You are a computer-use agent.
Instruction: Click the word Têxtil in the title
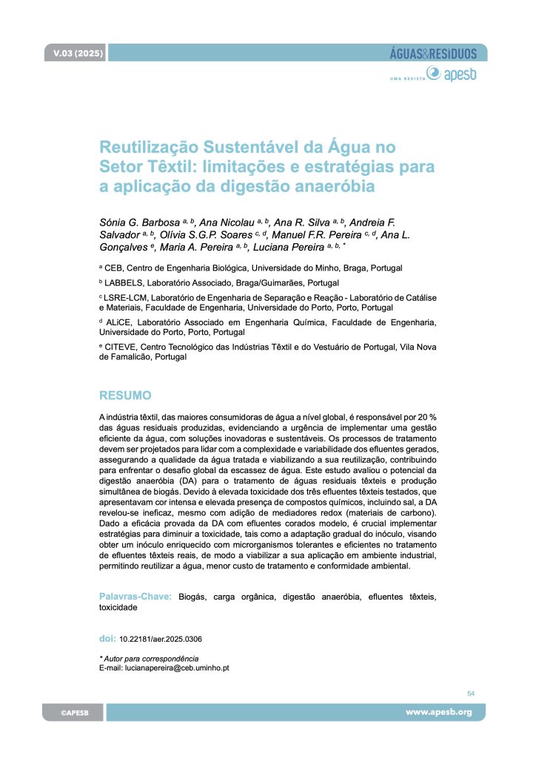pyautogui.click(x=169, y=165)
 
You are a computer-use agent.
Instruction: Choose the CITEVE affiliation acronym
pyautogui.click(x=122, y=346)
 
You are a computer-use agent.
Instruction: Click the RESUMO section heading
pyautogui.click(x=125, y=395)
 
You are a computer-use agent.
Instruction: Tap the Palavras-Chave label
pyautogui.click(x=135, y=596)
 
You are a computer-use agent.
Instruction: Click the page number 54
pyautogui.click(x=471, y=693)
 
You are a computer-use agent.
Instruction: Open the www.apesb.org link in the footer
pyautogui.click(x=438, y=713)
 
